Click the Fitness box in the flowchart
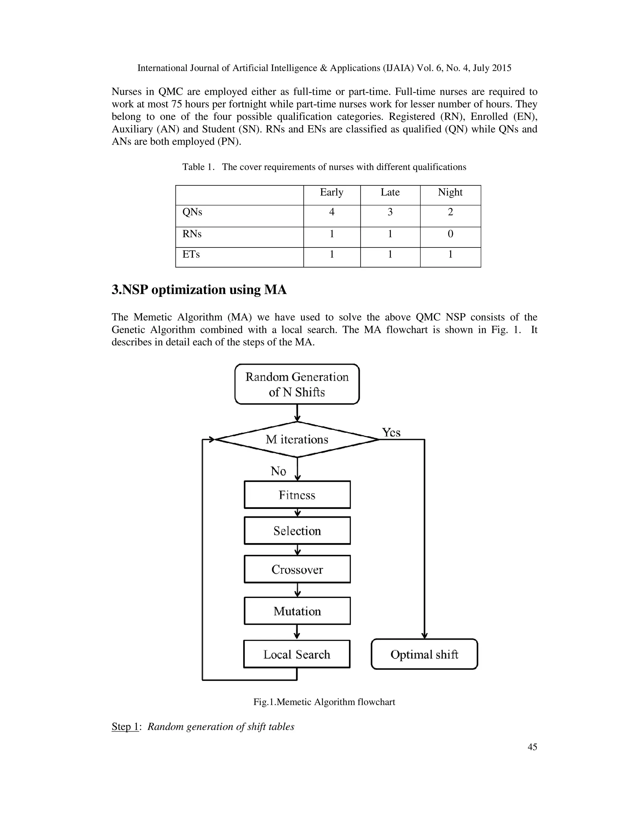point(297,495)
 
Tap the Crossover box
point(297,569)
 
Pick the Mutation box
point(297,611)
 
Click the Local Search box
point(297,654)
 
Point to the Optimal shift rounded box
point(424,654)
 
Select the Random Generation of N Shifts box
point(297,384)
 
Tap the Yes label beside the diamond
point(391,433)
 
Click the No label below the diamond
point(278,471)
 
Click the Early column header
point(332,193)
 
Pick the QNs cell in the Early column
point(332,212)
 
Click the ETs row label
point(191,255)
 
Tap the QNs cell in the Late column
point(390,212)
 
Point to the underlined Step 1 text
point(125,726)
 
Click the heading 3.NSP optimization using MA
point(199,290)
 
